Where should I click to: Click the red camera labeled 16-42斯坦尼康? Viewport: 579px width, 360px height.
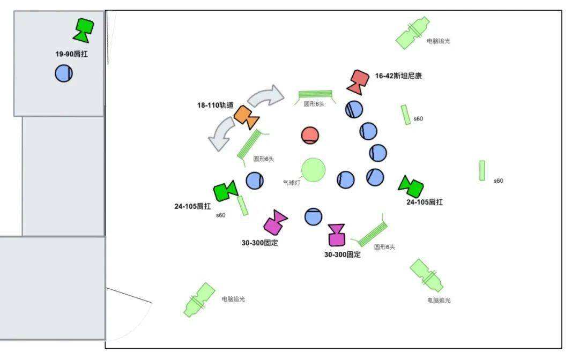358,80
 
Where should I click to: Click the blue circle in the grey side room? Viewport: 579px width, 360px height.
64,73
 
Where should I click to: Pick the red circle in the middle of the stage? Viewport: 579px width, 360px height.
310,135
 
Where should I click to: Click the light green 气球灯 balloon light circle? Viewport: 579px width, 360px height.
313,170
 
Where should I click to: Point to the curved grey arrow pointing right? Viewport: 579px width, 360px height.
266,96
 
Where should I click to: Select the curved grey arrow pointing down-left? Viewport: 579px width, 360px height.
222,134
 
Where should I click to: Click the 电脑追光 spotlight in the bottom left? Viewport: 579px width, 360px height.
199,300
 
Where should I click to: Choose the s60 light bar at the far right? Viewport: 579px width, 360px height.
482,170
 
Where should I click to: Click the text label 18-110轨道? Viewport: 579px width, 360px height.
215,106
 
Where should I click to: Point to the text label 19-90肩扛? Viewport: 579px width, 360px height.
71,54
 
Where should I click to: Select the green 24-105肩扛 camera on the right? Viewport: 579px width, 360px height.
411,186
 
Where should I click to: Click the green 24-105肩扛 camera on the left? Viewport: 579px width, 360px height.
225,191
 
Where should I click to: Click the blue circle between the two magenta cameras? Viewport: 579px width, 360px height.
314,216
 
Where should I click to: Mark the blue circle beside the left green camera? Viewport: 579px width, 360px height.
255,180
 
